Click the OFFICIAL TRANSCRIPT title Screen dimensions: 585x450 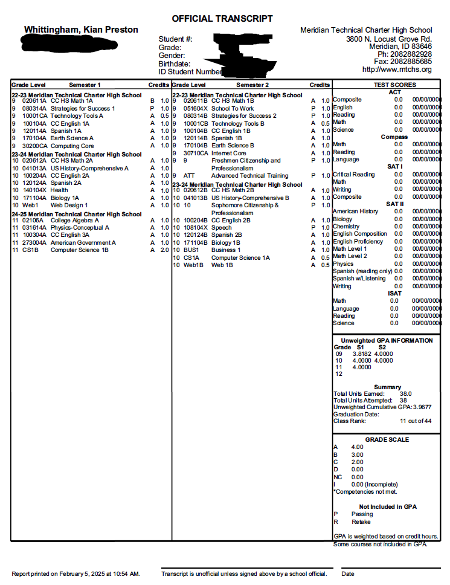(222, 19)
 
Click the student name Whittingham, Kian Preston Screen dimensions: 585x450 (81, 30)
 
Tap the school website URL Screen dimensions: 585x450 (397, 69)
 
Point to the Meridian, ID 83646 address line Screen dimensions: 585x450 (400, 46)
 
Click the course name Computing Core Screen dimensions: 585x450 (72, 146)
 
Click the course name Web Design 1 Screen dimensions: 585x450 (69, 205)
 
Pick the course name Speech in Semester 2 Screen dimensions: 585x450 (221, 227)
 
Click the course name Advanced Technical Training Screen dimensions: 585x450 (249, 175)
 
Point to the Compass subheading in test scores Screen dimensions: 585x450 (394, 137)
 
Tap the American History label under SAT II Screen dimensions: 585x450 (356, 212)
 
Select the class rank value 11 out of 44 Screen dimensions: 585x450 (416, 421)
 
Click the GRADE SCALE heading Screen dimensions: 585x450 (387, 439)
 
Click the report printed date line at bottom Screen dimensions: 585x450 (76, 574)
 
